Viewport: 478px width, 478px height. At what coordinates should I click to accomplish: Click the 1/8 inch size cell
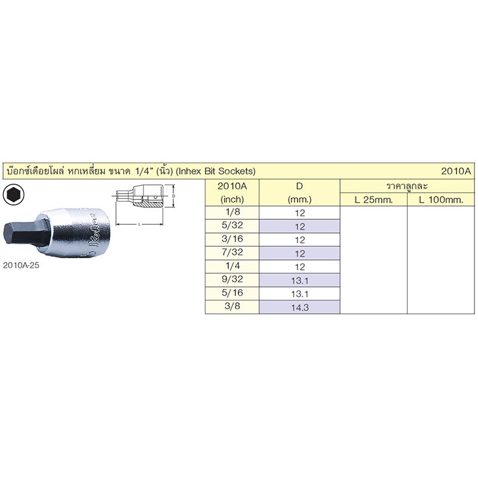[232, 213]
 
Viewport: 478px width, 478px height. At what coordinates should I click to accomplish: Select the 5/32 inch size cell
[232, 226]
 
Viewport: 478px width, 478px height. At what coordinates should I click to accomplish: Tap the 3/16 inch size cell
[232, 240]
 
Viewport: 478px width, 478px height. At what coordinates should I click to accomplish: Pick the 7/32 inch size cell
[232, 253]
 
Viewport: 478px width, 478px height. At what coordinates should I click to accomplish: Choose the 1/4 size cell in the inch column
[232, 266]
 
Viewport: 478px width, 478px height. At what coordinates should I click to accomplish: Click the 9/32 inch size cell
[232, 280]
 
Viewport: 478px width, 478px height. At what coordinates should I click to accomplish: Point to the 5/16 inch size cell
[232, 293]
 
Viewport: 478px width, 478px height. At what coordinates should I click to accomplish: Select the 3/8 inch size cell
[232, 307]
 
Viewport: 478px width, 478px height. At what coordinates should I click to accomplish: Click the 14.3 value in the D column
[300, 307]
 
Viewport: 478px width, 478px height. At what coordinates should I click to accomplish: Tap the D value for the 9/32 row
[300, 280]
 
